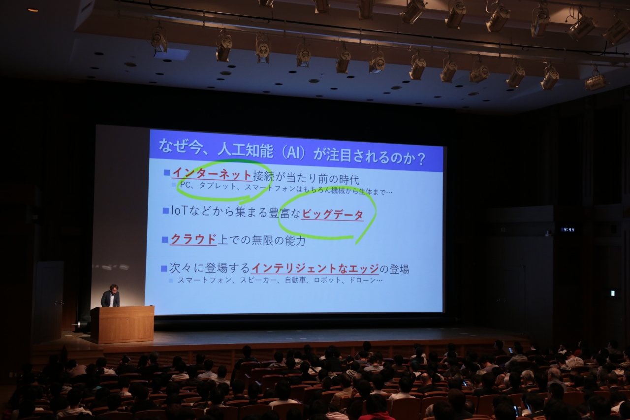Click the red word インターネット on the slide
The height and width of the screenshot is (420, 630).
point(212,174)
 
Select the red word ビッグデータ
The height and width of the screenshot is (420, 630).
point(332,215)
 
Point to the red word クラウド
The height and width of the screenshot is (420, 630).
point(193,239)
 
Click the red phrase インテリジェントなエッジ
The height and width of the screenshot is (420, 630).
point(315,268)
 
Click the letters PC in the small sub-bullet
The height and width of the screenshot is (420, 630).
point(185,185)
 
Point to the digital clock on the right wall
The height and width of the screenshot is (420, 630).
point(568,229)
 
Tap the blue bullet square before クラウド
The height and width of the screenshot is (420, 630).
point(165,240)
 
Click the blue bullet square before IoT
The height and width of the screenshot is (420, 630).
point(166,210)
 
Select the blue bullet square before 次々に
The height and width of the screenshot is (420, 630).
point(164,269)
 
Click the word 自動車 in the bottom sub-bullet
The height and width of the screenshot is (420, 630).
point(295,280)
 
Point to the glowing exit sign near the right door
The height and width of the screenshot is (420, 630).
point(610,293)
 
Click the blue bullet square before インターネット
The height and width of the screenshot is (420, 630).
point(167,172)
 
